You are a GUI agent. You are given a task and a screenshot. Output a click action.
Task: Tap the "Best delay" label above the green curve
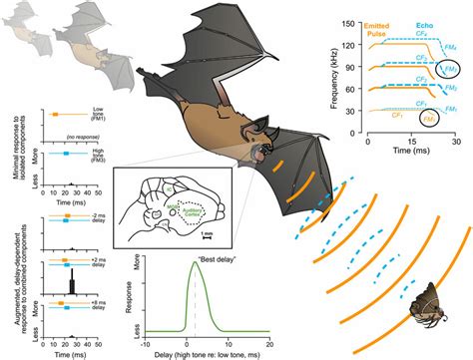(191, 262)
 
